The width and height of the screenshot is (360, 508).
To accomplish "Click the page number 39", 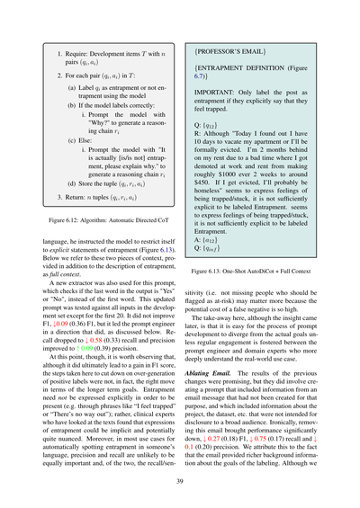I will tap(180, 480).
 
